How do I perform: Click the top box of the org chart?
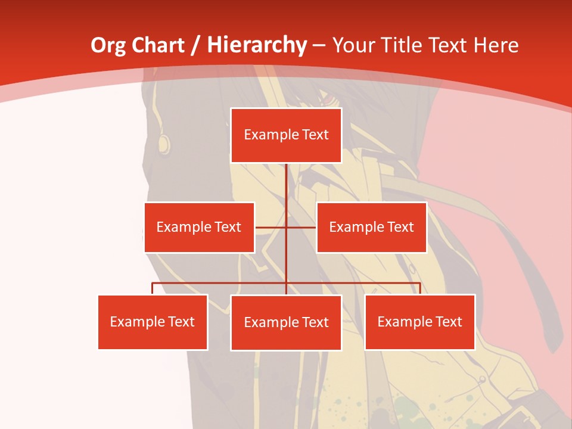(x=286, y=135)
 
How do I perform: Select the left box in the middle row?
(x=199, y=227)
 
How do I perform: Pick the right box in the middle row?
(x=371, y=227)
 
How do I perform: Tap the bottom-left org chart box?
(x=153, y=322)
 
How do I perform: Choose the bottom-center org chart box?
(x=286, y=322)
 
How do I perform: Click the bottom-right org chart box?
(x=419, y=322)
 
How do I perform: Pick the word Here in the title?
(x=496, y=45)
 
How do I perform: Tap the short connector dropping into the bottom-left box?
(x=153, y=288)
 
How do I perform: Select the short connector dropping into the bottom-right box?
(x=419, y=288)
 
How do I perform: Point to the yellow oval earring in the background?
(x=163, y=143)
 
